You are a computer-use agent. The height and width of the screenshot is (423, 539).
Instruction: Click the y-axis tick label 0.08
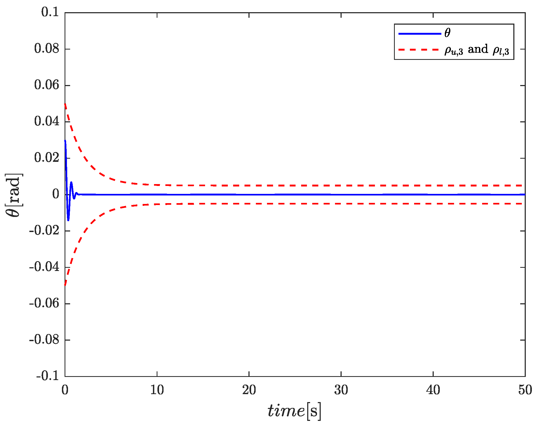(x=47, y=49)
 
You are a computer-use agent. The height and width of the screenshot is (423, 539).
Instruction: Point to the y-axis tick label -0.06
(x=44, y=304)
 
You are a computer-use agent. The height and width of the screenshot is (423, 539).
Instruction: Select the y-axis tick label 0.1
(x=50, y=12)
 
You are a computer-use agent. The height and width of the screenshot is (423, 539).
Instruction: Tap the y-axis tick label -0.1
(x=48, y=376)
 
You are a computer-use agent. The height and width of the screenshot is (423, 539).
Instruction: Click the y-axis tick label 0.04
(x=47, y=122)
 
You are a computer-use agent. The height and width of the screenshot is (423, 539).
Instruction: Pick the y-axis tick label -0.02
(x=44, y=231)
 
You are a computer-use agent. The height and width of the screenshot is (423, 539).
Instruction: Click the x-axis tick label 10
(x=157, y=390)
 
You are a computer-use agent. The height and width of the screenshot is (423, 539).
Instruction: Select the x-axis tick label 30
(x=341, y=390)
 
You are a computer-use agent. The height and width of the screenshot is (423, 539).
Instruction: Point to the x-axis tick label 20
(x=249, y=390)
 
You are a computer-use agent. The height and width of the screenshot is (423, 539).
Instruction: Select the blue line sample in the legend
(x=419, y=34)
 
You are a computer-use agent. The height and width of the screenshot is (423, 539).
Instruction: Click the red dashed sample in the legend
(x=419, y=50)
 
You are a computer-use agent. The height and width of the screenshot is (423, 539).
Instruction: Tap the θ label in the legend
(x=447, y=33)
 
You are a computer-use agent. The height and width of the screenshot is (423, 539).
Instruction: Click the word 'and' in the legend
(x=478, y=50)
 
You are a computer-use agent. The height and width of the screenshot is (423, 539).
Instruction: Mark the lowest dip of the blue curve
(x=68, y=220)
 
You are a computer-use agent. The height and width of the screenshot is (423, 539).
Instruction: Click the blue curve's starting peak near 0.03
(x=65, y=140)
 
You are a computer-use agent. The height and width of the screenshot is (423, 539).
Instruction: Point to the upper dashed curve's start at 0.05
(x=65, y=104)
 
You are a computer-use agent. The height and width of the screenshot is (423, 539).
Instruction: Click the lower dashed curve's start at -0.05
(x=65, y=285)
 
